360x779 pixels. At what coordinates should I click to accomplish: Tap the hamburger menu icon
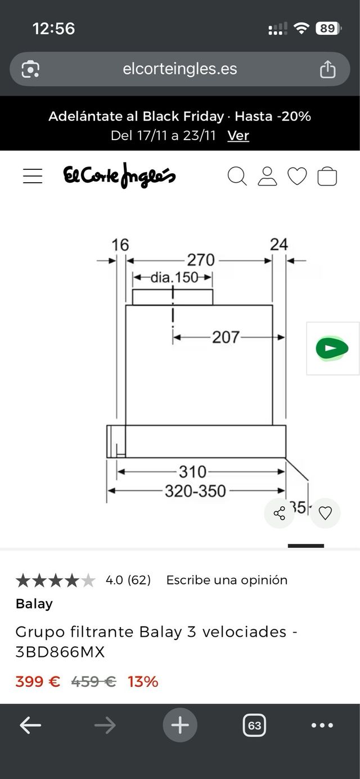click(33, 176)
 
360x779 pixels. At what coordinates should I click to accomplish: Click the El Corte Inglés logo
click(119, 175)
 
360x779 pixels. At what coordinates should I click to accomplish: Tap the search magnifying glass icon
click(237, 176)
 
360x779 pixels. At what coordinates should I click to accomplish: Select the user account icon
click(267, 176)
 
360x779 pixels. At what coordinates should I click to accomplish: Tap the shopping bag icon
click(327, 176)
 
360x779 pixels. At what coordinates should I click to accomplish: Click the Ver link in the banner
click(238, 136)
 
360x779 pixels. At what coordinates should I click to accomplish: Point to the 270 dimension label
click(201, 260)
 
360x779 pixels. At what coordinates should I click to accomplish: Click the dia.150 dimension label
click(174, 277)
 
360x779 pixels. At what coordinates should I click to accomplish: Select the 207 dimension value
click(226, 337)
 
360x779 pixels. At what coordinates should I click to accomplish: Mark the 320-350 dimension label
click(195, 491)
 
